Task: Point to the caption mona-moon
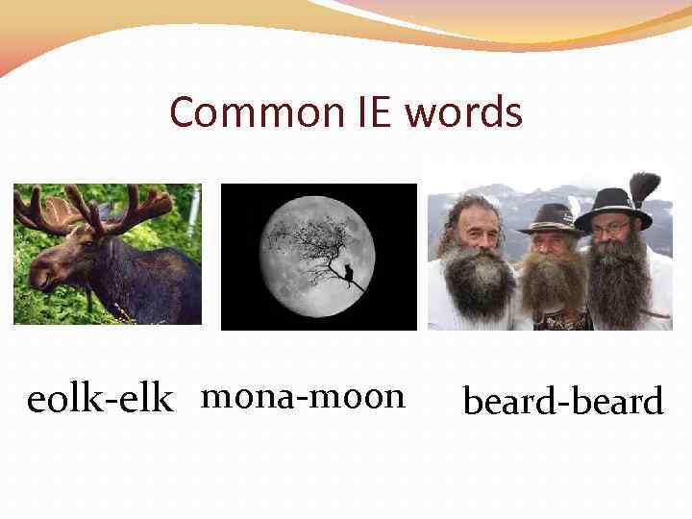(x=304, y=395)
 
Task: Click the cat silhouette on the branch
(x=349, y=277)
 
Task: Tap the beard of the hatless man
(x=474, y=284)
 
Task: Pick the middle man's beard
(x=554, y=284)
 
